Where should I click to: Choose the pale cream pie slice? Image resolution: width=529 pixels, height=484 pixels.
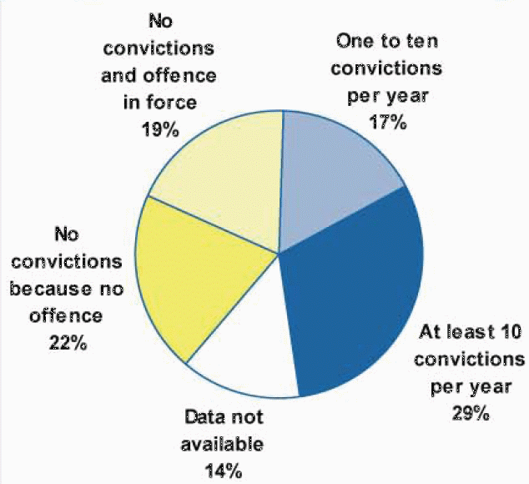click(221, 179)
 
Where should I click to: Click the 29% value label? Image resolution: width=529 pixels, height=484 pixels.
click(471, 412)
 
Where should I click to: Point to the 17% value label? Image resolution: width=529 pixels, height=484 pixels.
click(387, 124)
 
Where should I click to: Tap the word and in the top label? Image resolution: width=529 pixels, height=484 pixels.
click(141, 75)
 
